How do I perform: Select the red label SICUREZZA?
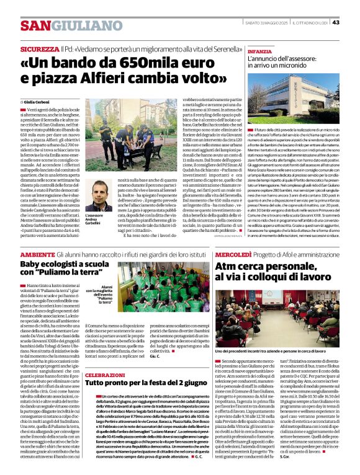[x=39, y=48]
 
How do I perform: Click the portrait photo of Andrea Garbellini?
[x=97, y=196]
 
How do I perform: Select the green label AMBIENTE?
[x=37, y=255]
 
